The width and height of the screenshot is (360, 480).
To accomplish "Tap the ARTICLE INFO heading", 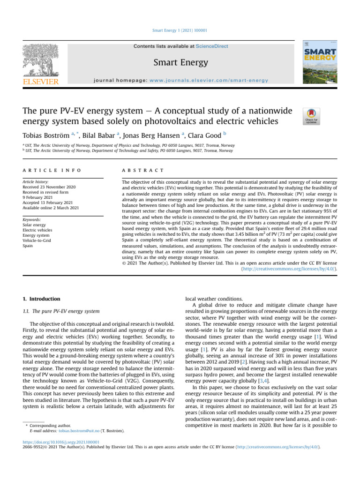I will tap(52, 170).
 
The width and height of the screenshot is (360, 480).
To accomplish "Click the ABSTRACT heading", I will tap(143, 170).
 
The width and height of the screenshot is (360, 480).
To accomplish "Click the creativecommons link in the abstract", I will tap(289, 269).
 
